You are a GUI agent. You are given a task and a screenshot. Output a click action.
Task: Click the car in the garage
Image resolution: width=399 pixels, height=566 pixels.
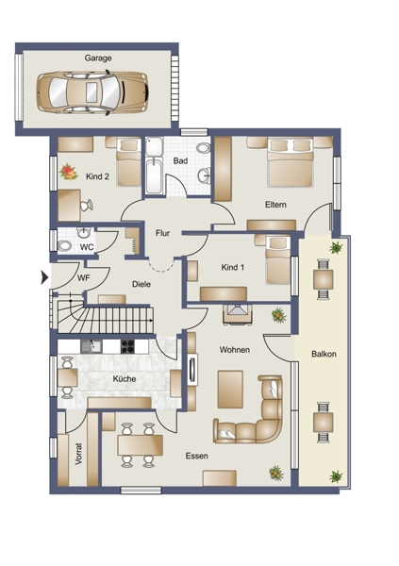pos(92,92)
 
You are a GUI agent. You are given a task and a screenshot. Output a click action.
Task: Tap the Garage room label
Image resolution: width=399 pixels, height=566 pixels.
pos(98,58)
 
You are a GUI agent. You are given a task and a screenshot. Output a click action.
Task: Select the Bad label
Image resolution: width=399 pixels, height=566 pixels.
pos(180,160)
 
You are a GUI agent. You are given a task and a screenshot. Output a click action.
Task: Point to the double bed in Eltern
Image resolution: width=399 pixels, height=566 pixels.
pos(290,162)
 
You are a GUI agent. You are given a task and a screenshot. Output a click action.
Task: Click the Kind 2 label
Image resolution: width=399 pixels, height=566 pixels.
pos(97,176)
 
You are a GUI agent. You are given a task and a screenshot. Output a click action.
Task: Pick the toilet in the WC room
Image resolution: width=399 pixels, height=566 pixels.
pos(65,246)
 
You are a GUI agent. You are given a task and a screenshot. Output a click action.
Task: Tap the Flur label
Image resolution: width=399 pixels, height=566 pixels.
pos(162,233)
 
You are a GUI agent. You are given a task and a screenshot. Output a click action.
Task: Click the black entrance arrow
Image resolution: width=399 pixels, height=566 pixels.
pos(44,277)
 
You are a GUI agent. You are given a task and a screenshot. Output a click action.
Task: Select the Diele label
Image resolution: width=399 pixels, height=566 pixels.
pos(141,284)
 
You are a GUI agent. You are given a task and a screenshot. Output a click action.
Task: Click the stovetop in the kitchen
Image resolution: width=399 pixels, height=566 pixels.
pos(127,346)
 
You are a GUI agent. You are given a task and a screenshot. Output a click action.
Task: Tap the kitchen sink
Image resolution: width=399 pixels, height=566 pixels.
pos(91,346)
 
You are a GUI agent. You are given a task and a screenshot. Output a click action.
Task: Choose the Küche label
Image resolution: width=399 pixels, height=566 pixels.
pos(125,378)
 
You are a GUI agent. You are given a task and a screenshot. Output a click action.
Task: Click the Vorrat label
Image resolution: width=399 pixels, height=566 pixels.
pos(78,454)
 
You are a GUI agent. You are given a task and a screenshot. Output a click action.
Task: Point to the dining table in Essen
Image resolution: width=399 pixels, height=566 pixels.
pos(141,445)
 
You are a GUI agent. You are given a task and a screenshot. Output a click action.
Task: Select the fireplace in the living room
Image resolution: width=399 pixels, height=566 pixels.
pos(238,314)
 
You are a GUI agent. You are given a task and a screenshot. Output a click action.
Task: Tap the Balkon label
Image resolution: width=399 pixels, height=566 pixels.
pos(324,354)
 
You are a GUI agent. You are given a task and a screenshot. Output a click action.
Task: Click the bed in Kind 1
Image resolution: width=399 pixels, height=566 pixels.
pos(277,259)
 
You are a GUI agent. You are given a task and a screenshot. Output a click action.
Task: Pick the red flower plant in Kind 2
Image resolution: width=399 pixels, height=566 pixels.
pos(69,172)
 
